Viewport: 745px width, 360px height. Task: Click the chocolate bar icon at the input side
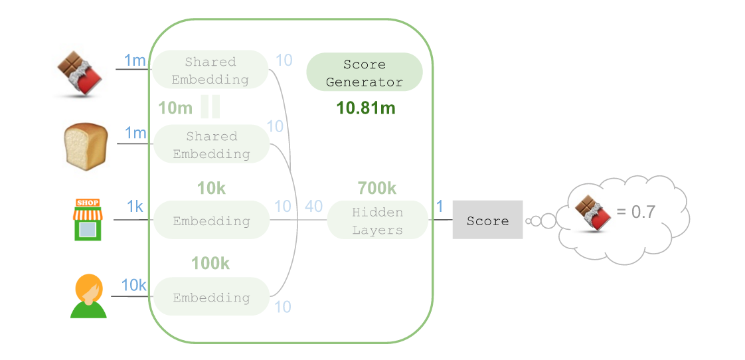click(79, 72)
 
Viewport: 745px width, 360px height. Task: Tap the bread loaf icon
click(85, 147)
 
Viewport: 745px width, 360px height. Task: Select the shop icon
click(88, 219)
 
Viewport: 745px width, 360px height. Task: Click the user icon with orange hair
click(88, 296)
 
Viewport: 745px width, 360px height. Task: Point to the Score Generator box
click(364, 73)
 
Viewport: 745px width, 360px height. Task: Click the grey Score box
click(487, 220)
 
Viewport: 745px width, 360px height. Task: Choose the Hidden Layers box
click(377, 221)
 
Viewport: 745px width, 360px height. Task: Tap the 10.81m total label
click(366, 108)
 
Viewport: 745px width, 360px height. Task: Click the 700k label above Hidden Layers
click(376, 189)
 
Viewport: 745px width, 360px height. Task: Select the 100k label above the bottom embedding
click(210, 264)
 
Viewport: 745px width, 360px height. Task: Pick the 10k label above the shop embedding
click(211, 189)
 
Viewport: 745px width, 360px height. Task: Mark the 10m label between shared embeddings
click(175, 108)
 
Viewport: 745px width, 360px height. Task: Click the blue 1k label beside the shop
click(135, 207)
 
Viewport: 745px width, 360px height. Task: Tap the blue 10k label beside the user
click(133, 285)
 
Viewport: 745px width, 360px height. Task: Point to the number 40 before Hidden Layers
click(313, 207)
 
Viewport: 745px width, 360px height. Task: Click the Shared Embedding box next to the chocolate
click(210, 70)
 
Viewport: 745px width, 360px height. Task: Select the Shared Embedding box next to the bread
click(211, 145)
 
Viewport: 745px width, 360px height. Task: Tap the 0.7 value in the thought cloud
click(635, 213)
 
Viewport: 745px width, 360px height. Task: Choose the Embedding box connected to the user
click(211, 298)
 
